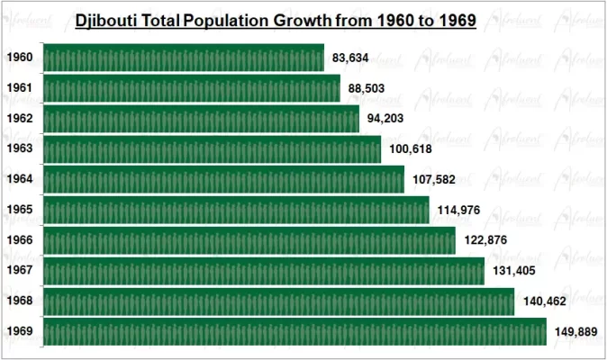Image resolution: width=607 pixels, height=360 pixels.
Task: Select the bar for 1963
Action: pos(213,148)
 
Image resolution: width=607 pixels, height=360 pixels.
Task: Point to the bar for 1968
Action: pos(278,301)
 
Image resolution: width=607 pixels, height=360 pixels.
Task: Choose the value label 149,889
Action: pos(575,332)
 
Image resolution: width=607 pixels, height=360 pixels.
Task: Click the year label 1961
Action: pos(19,88)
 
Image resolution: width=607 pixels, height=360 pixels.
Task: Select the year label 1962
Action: pos(19,119)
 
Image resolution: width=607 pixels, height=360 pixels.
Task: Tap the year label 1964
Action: pos(19,179)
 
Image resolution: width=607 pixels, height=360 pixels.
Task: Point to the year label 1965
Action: pos(19,210)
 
